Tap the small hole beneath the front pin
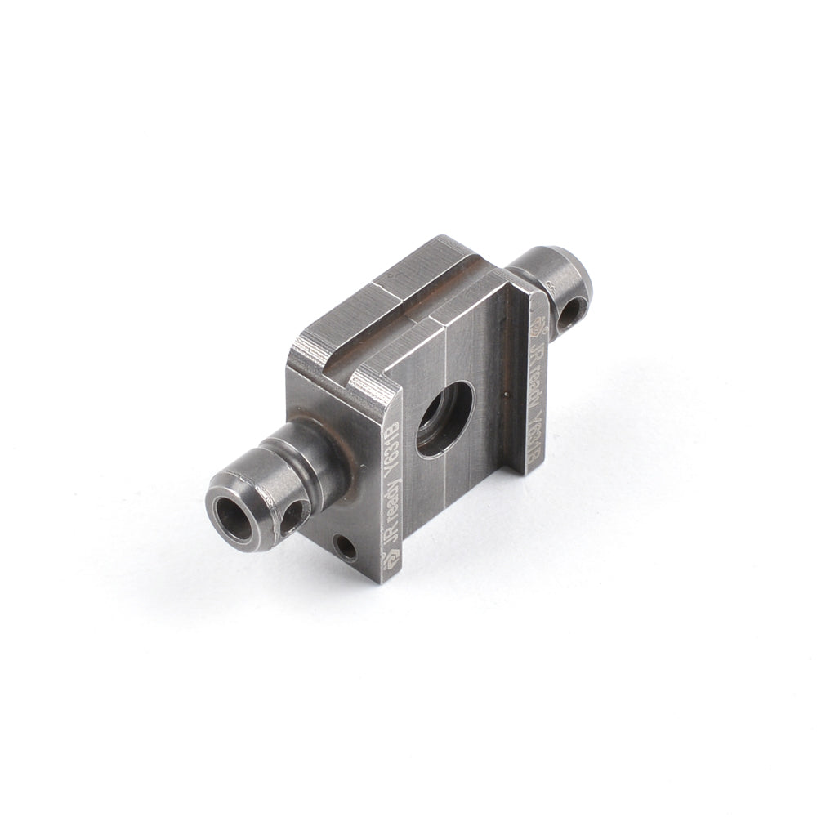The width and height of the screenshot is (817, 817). point(346,547)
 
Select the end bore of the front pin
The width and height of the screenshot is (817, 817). point(233,516)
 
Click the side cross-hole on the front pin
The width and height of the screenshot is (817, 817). point(292,516)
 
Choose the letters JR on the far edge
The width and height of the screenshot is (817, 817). point(537,351)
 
